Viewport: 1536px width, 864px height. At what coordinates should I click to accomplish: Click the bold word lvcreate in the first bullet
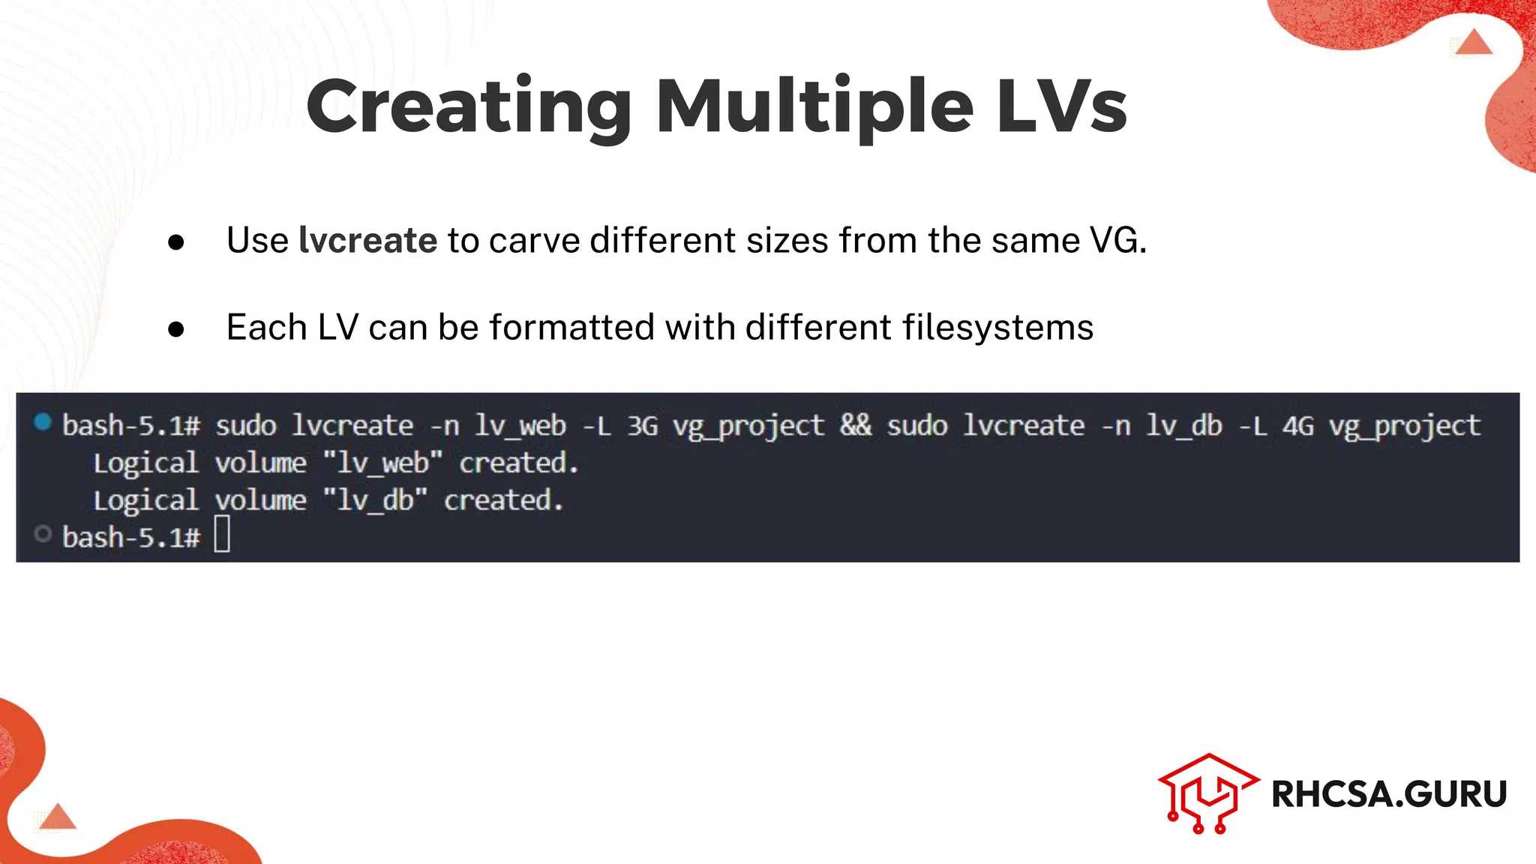(367, 241)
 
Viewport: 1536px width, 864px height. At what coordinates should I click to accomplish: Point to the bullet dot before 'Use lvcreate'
(176, 242)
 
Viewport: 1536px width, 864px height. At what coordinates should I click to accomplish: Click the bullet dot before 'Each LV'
(176, 329)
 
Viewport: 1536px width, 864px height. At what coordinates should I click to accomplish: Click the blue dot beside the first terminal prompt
(43, 422)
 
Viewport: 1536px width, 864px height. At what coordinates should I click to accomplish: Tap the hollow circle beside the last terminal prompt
(43, 534)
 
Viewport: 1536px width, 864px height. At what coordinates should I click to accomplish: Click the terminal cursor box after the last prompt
(222, 536)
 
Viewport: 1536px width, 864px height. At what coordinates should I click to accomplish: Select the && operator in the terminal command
(856, 425)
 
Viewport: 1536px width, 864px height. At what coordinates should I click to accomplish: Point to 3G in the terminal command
(643, 426)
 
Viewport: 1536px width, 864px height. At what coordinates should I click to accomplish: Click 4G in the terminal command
(1297, 426)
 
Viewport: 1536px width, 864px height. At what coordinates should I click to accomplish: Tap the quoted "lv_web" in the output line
(382, 463)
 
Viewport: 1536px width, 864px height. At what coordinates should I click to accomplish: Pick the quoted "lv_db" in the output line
(375, 500)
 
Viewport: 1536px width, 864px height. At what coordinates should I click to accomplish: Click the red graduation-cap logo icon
(1207, 793)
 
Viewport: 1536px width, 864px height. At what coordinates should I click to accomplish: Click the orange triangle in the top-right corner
(1474, 43)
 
